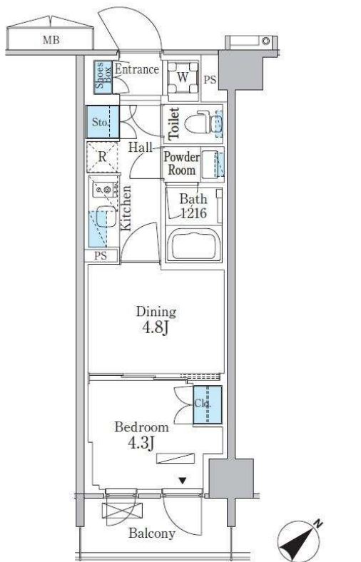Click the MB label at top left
51,40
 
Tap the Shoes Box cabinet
103,78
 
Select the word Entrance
136,69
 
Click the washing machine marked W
183,77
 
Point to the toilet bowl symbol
198,123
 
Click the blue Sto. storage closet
103,122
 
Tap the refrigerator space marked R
102,157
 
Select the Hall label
140,147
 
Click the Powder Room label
182,163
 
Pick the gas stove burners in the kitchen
105,189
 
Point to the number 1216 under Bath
193,213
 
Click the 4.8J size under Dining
156,327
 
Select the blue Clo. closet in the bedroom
208,404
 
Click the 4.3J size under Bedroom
141,443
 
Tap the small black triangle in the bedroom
183,481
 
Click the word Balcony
152,533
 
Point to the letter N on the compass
317,524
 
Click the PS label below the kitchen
101,256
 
